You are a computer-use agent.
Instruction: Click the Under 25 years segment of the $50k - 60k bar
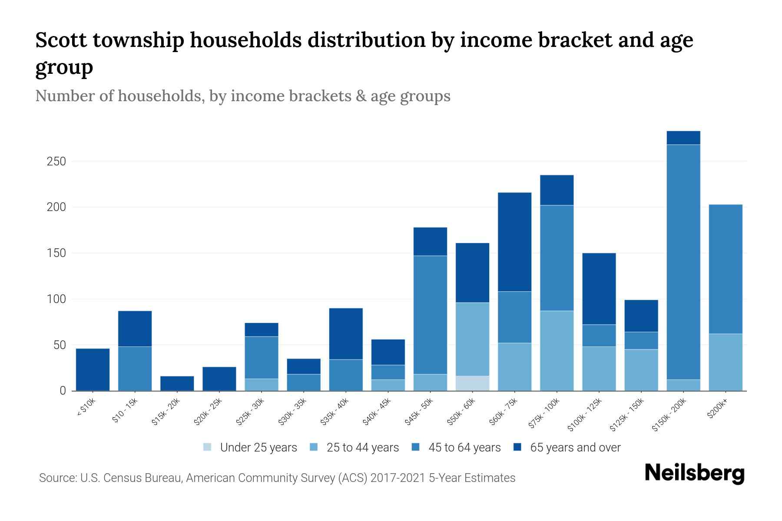(x=472, y=383)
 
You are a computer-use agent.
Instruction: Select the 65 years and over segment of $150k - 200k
(x=683, y=138)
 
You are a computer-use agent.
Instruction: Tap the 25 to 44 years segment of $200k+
(x=726, y=362)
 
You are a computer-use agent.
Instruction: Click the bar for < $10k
(x=93, y=369)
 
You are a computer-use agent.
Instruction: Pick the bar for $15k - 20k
(x=177, y=383)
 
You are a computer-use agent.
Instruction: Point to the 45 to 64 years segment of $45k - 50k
(x=430, y=315)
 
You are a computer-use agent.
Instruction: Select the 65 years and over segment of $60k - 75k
(x=514, y=242)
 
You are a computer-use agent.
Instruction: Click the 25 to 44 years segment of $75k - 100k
(x=557, y=350)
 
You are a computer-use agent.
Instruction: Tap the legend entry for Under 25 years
(x=250, y=447)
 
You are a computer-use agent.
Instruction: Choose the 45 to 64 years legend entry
(x=457, y=447)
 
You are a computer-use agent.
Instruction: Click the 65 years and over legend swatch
(x=517, y=447)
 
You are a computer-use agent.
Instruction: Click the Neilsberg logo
(x=694, y=473)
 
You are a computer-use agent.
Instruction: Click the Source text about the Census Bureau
(x=277, y=478)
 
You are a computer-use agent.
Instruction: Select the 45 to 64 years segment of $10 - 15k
(x=135, y=369)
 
